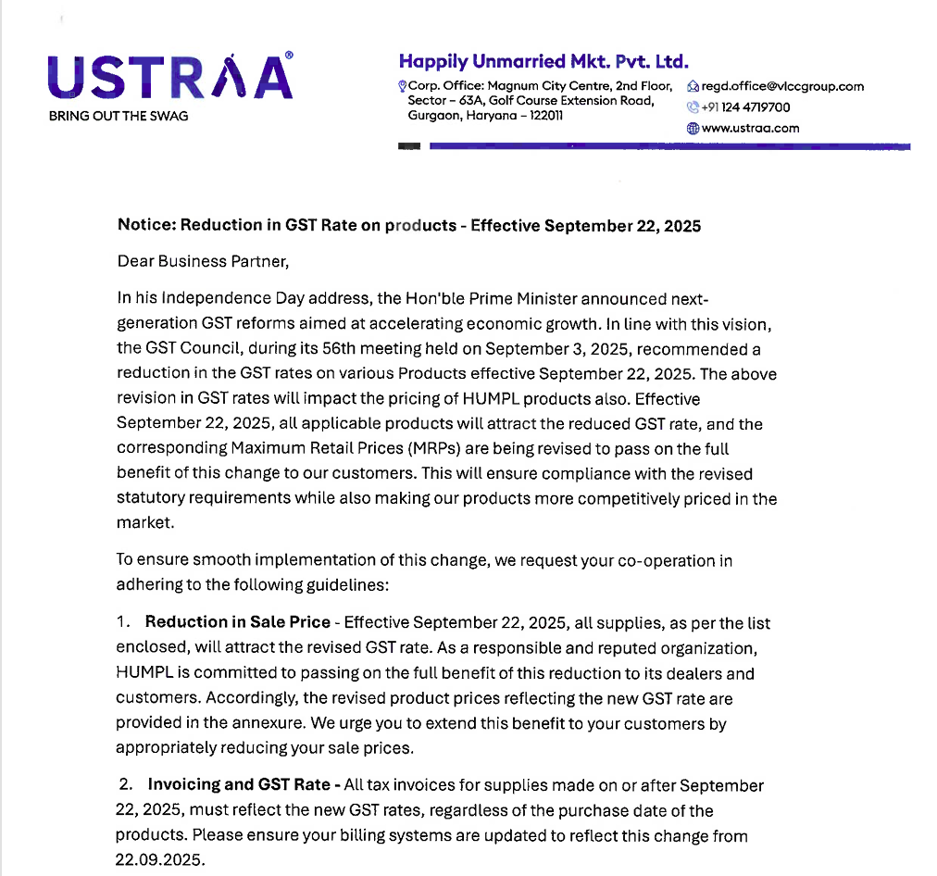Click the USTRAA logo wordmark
[x=169, y=77]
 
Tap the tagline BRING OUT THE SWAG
[x=118, y=117]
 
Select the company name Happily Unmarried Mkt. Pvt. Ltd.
[x=543, y=62]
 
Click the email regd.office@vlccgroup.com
[x=782, y=86]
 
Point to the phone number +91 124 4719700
[x=746, y=107]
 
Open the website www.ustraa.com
[x=750, y=129]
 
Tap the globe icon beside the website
[x=692, y=129]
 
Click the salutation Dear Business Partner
[x=204, y=261]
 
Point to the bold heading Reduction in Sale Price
[x=238, y=622]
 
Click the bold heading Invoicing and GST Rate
[x=239, y=785]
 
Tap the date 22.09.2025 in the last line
[x=159, y=859]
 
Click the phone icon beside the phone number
[x=692, y=107]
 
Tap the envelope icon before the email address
[x=693, y=86]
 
